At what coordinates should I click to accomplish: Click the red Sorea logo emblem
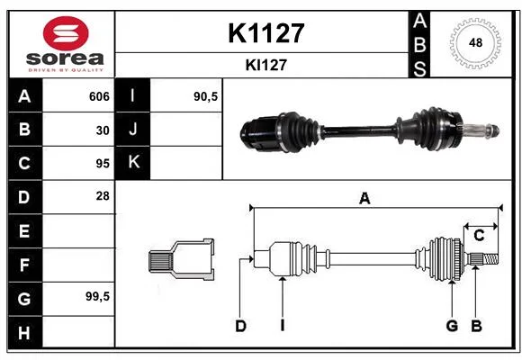(x=66, y=33)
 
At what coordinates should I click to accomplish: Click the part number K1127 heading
(x=266, y=33)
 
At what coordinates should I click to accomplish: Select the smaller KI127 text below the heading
(x=266, y=65)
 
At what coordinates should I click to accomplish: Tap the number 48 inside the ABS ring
(x=475, y=42)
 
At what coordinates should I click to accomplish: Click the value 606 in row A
(x=99, y=96)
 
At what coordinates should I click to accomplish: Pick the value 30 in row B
(x=103, y=130)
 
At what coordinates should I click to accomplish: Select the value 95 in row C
(x=103, y=164)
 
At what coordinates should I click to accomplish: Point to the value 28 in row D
(x=103, y=196)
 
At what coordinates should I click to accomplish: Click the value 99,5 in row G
(x=97, y=296)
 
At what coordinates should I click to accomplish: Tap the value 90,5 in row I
(x=205, y=96)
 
